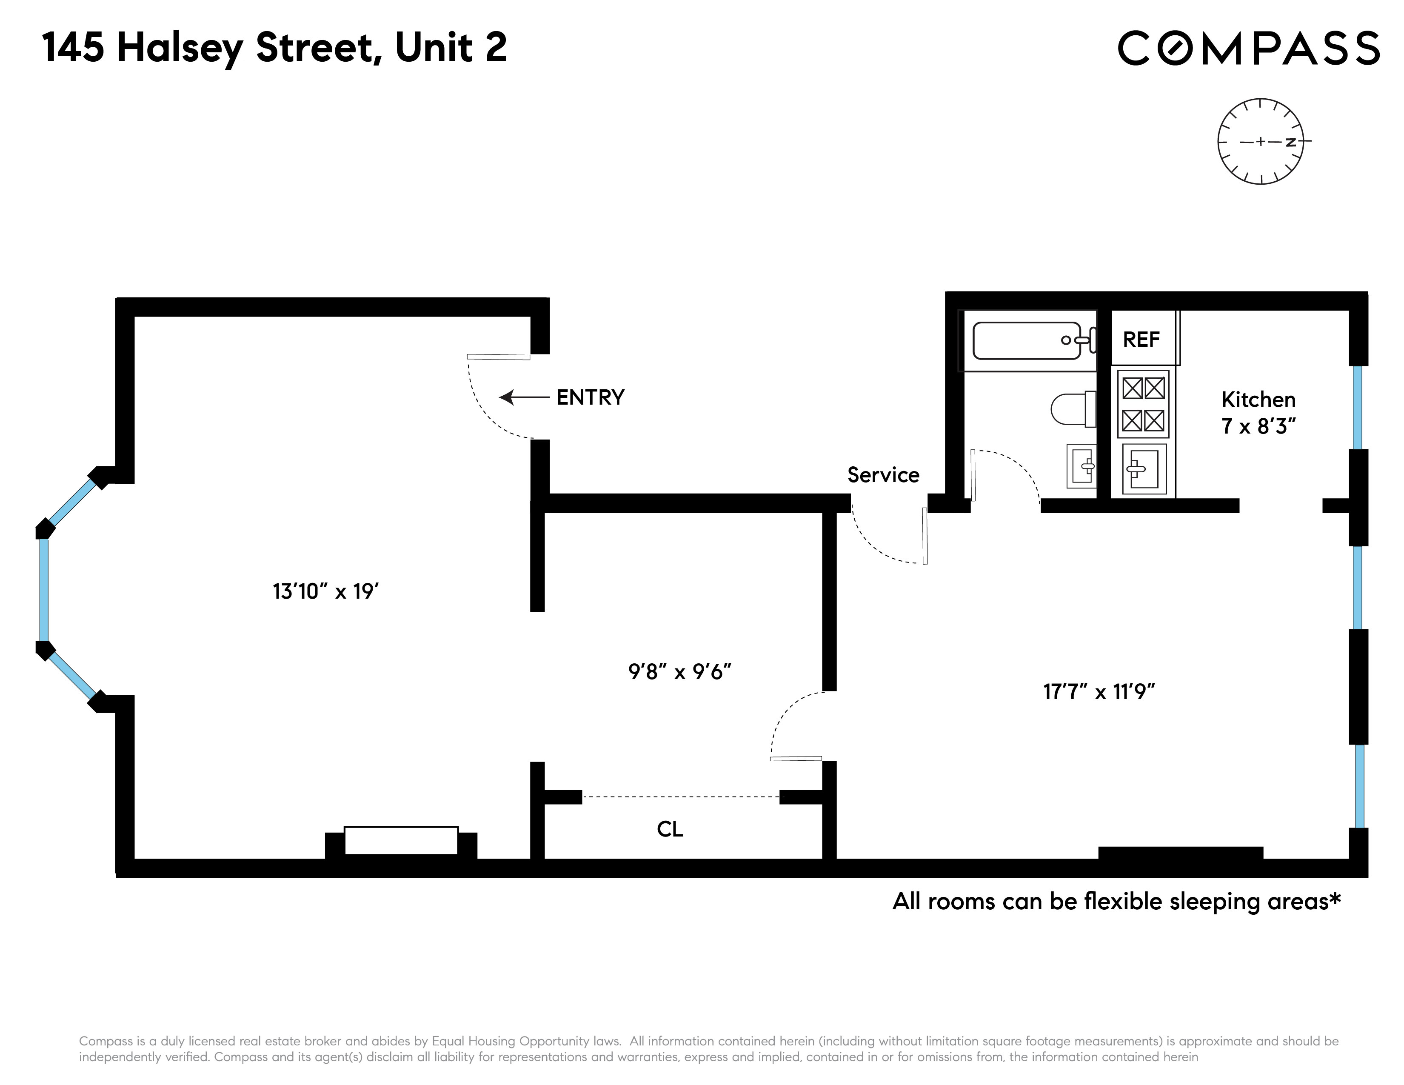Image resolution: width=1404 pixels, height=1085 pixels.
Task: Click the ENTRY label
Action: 590,398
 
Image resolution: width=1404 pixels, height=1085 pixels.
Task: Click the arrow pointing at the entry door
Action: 524,398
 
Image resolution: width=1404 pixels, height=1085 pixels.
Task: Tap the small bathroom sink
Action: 1081,466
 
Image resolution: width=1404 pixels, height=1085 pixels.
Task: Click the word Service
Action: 883,475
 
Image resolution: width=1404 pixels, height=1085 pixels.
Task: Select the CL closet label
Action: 670,829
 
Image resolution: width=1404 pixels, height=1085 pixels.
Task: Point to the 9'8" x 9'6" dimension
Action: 679,672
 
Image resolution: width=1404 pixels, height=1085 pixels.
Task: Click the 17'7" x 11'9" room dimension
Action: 1099,691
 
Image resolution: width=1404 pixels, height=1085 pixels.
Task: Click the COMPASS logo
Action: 1248,48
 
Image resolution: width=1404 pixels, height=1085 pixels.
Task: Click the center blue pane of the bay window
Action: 44,589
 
